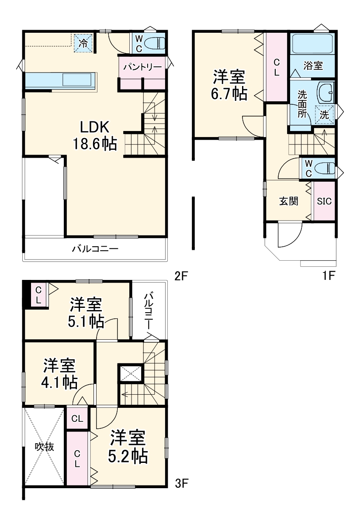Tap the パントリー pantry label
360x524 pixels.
[142, 67]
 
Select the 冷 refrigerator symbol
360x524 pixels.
[83, 43]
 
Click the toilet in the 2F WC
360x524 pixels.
[155, 44]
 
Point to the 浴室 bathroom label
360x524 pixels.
[313, 66]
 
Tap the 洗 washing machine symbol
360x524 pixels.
[324, 114]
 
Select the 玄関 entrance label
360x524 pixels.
[289, 201]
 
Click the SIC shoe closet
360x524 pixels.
[324, 201]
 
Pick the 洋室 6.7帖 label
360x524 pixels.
[229, 85]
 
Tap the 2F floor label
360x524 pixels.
[181, 276]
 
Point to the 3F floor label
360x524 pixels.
[181, 483]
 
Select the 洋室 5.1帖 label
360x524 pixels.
[86, 313]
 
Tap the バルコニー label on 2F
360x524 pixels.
[95, 249]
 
